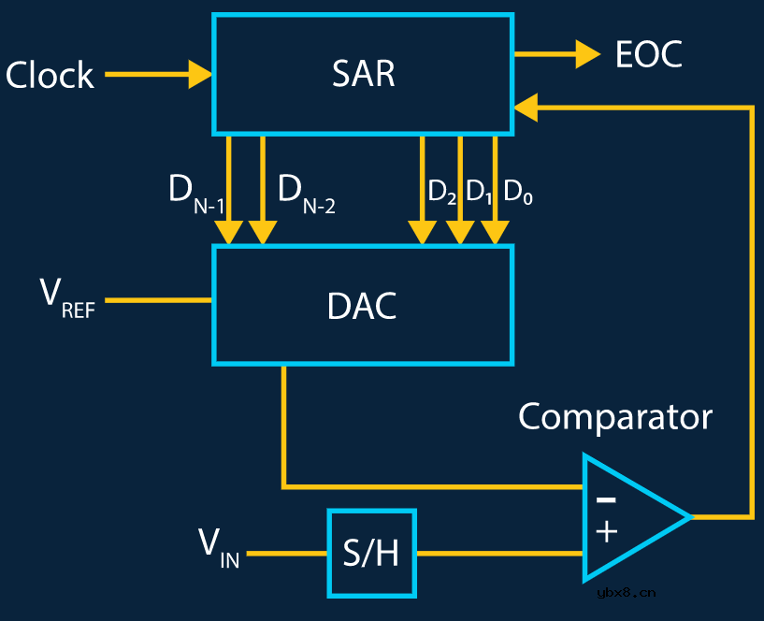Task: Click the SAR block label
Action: click(x=363, y=74)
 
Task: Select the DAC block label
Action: click(x=362, y=306)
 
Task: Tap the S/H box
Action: click(x=371, y=554)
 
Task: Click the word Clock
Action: click(x=50, y=75)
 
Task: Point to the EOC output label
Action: click(x=648, y=55)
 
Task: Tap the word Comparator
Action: click(x=614, y=417)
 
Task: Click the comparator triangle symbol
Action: click(x=631, y=516)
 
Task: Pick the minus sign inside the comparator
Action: click(x=606, y=499)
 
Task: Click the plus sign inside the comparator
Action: click(x=606, y=532)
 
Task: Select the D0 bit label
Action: click(x=518, y=192)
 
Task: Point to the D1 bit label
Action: click(x=479, y=192)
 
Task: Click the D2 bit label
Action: click(x=441, y=192)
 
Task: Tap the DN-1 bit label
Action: click(x=195, y=195)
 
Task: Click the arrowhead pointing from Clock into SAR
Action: click(x=200, y=74)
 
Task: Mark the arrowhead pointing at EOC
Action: click(x=587, y=54)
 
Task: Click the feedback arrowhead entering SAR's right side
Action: click(x=526, y=108)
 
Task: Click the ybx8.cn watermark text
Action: click(x=624, y=591)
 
